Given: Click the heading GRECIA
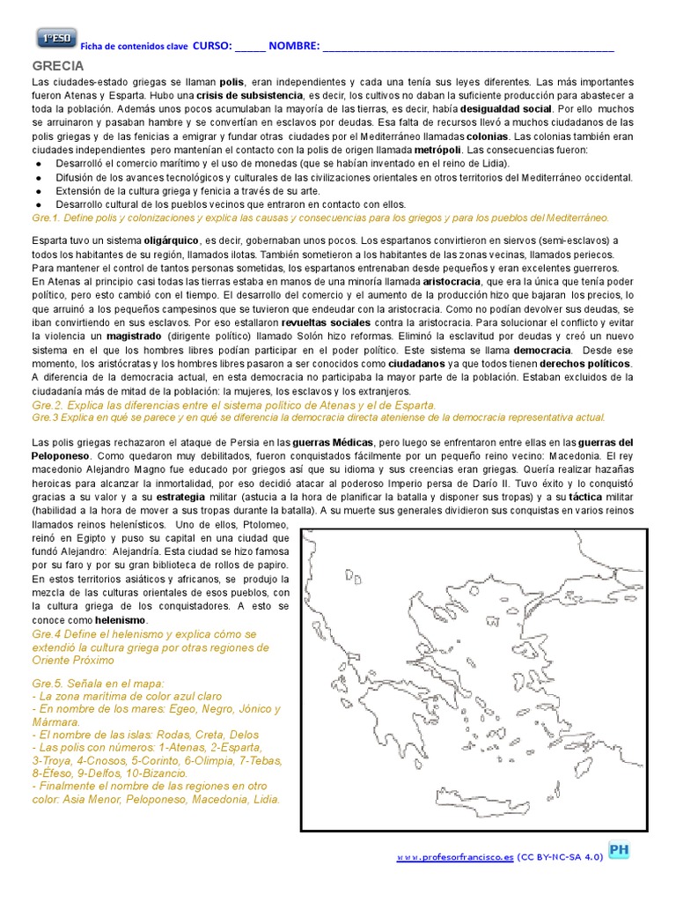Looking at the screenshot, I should click(x=58, y=66).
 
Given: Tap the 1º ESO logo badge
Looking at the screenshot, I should click(x=55, y=39).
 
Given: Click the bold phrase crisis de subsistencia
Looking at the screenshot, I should click(x=247, y=95).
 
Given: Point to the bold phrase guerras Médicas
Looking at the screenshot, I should click(x=328, y=441).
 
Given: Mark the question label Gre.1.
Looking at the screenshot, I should click(x=44, y=218).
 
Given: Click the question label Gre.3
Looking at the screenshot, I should click(x=44, y=418).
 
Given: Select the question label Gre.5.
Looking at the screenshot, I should click(x=48, y=682).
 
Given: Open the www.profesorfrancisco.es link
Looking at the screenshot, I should click(x=454, y=855).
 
